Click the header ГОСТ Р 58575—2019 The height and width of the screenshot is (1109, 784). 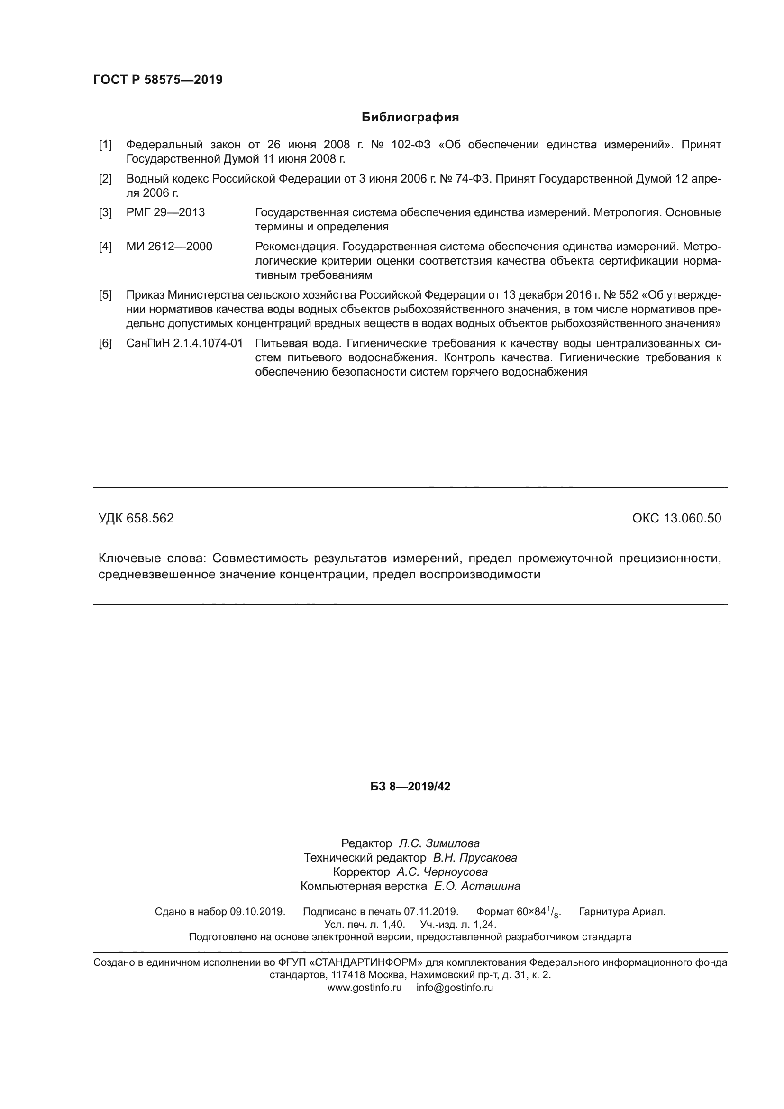coord(158,80)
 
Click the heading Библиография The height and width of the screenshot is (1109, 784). coord(410,118)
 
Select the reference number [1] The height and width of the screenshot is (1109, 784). coord(105,145)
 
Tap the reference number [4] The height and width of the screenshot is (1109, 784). coord(105,247)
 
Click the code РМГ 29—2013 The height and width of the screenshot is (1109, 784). coord(165,212)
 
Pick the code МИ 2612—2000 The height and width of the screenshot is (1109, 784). coord(169,247)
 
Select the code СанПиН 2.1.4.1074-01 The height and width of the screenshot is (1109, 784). coord(184,343)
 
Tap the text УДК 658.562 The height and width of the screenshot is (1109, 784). coord(136,518)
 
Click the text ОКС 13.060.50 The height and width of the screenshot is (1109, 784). coord(676,518)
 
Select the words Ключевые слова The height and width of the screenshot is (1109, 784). coord(152,559)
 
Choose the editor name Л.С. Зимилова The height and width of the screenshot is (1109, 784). coord(439,843)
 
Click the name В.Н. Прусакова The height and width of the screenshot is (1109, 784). coord(474,858)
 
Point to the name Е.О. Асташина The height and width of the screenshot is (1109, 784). coord(477,886)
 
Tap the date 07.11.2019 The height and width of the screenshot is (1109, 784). coord(430,912)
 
